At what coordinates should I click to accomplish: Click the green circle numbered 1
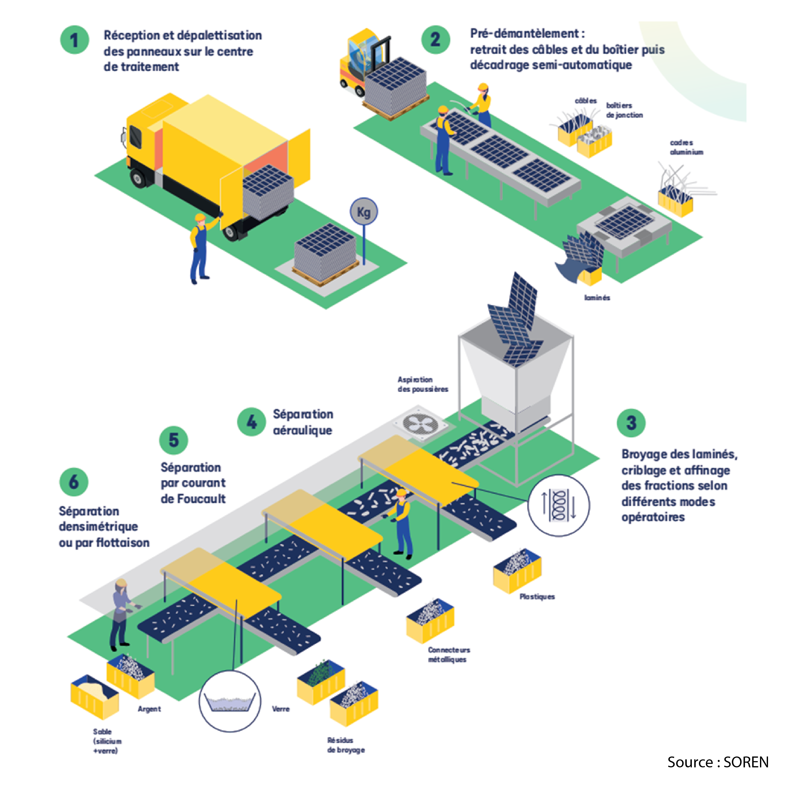coord(75,40)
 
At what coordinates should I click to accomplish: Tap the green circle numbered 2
coord(436,40)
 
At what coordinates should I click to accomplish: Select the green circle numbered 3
coord(631,423)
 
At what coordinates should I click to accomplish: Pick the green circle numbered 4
coord(251,422)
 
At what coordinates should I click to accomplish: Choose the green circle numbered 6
coord(74,482)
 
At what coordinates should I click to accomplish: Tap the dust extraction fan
coord(420,424)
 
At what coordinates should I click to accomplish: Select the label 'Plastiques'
coord(537,597)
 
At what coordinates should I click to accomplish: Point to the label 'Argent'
coord(149,709)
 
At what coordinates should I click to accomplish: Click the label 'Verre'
coord(281,709)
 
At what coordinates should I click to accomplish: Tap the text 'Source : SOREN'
coord(717,762)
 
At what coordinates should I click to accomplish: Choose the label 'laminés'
coord(597,298)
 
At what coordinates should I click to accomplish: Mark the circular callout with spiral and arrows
coord(559,505)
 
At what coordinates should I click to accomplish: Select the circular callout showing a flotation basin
coord(230,701)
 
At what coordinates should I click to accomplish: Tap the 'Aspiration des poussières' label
coord(423,384)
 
